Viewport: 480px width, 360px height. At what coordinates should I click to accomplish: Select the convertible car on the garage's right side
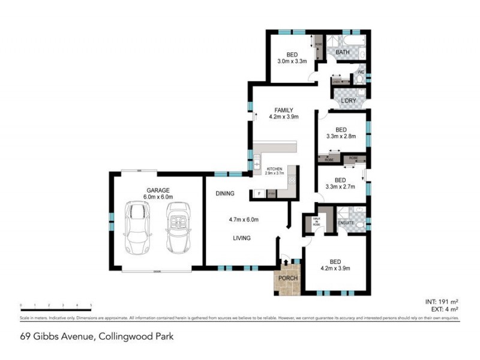pos(178,227)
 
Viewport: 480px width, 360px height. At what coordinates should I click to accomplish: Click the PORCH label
pos(288,278)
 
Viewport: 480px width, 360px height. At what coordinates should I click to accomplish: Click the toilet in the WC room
pos(360,79)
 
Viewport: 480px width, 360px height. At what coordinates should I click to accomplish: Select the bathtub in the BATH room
pos(346,42)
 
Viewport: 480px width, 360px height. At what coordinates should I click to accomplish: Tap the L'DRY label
pos(349,101)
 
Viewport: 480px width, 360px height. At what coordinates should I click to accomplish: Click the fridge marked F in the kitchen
pos(259,193)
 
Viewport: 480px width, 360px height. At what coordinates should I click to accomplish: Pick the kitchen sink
pos(257,161)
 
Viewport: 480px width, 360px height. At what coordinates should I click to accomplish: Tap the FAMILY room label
pos(284,110)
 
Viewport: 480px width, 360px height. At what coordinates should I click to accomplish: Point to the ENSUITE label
pos(347,224)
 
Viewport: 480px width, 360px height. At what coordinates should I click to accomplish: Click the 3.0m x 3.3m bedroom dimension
pos(292,61)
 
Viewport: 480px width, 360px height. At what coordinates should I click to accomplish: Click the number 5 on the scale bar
pos(91,305)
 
